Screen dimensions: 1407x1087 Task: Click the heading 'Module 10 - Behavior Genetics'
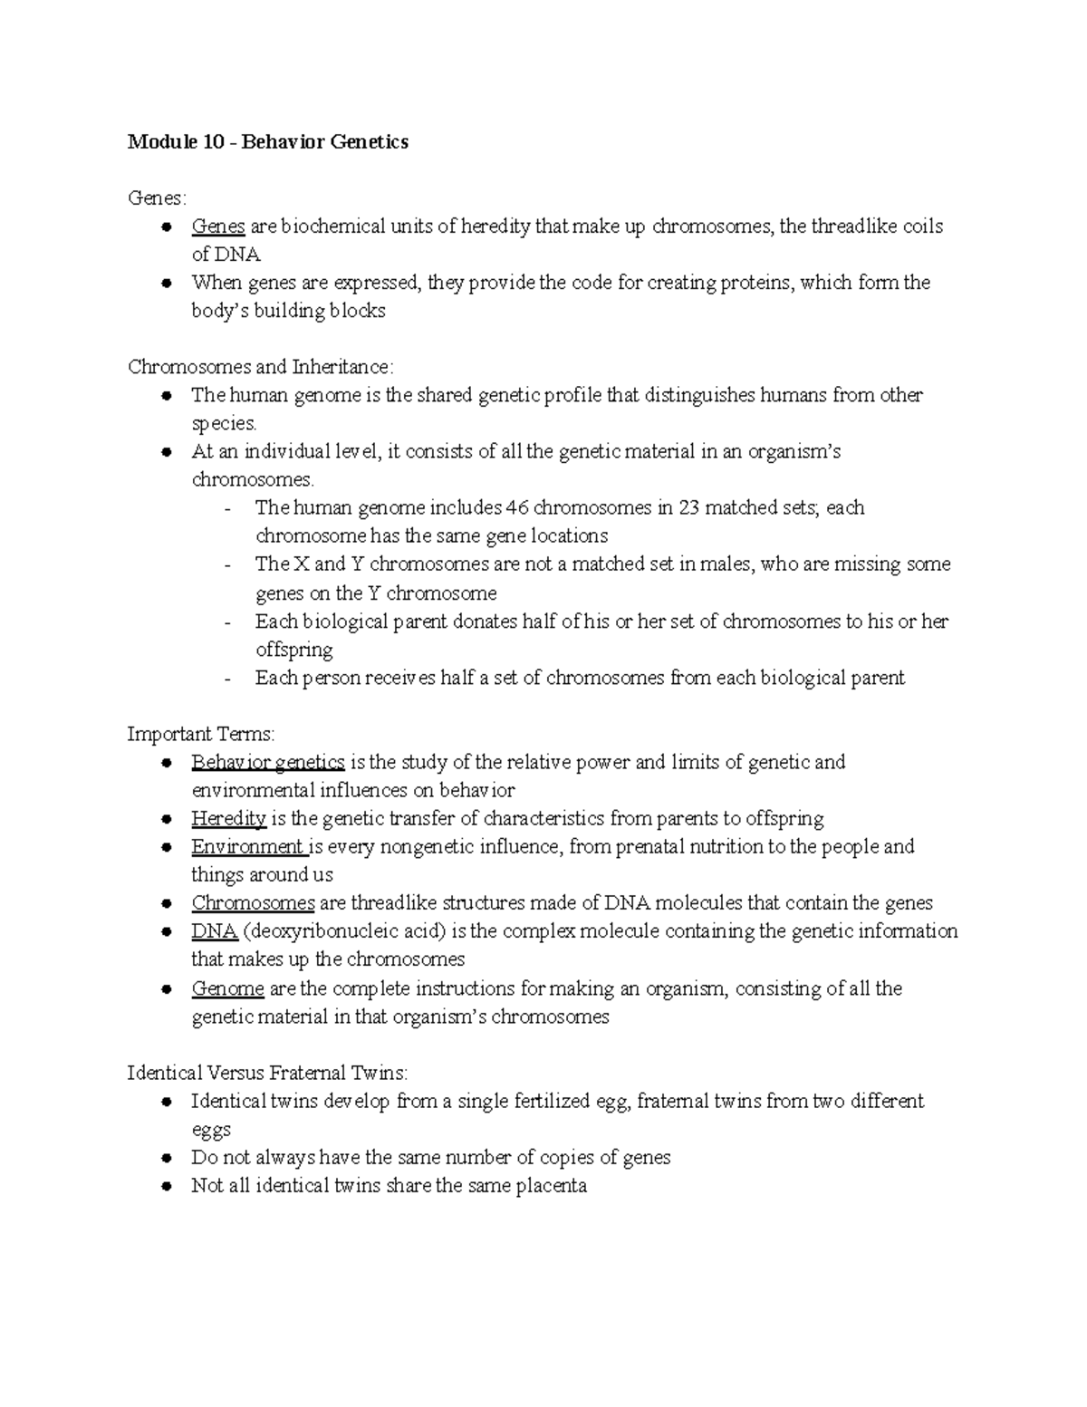(267, 142)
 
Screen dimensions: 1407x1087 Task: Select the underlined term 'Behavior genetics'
(267, 762)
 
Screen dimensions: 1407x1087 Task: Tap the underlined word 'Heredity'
(228, 819)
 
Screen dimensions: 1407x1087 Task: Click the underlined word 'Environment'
(247, 847)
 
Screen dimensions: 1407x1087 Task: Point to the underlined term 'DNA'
(214, 931)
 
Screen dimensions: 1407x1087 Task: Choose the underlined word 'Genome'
(227, 988)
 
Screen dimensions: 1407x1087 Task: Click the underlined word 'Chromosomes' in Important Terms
(253, 903)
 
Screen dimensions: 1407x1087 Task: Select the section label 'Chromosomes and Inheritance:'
(261, 367)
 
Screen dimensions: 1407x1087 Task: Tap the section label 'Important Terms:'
(201, 734)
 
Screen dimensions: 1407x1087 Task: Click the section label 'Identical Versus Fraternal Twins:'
(268, 1073)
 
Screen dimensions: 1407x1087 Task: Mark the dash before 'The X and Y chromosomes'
(227, 565)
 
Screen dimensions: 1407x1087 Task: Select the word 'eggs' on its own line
(210, 1130)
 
